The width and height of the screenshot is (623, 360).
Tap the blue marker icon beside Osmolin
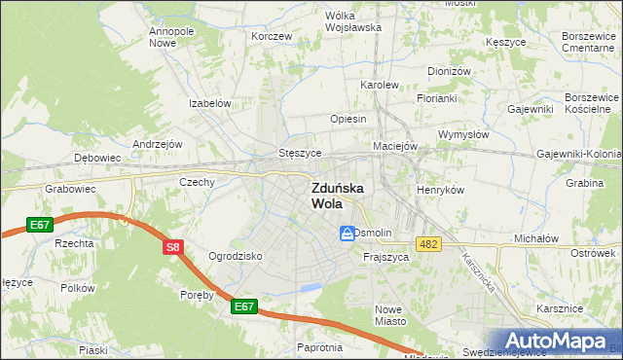(x=347, y=234)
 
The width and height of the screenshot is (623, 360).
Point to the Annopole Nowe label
(x=171, y=37)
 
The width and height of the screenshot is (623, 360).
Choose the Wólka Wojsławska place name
(x=353, y=21)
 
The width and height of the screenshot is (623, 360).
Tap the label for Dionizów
(x=449, y=71)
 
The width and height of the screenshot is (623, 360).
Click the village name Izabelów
(x=209, y=103)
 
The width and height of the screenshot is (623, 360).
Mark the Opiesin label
(x=348, y=119)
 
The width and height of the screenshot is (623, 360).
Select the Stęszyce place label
(x=300, y=153)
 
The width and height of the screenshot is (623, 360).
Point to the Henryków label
(x=440, y=190)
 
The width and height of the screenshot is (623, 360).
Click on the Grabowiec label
(x=66, y=190)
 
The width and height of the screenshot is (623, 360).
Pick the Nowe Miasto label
(x=389, y=314)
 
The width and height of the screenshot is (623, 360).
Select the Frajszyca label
(x=384, y=257)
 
